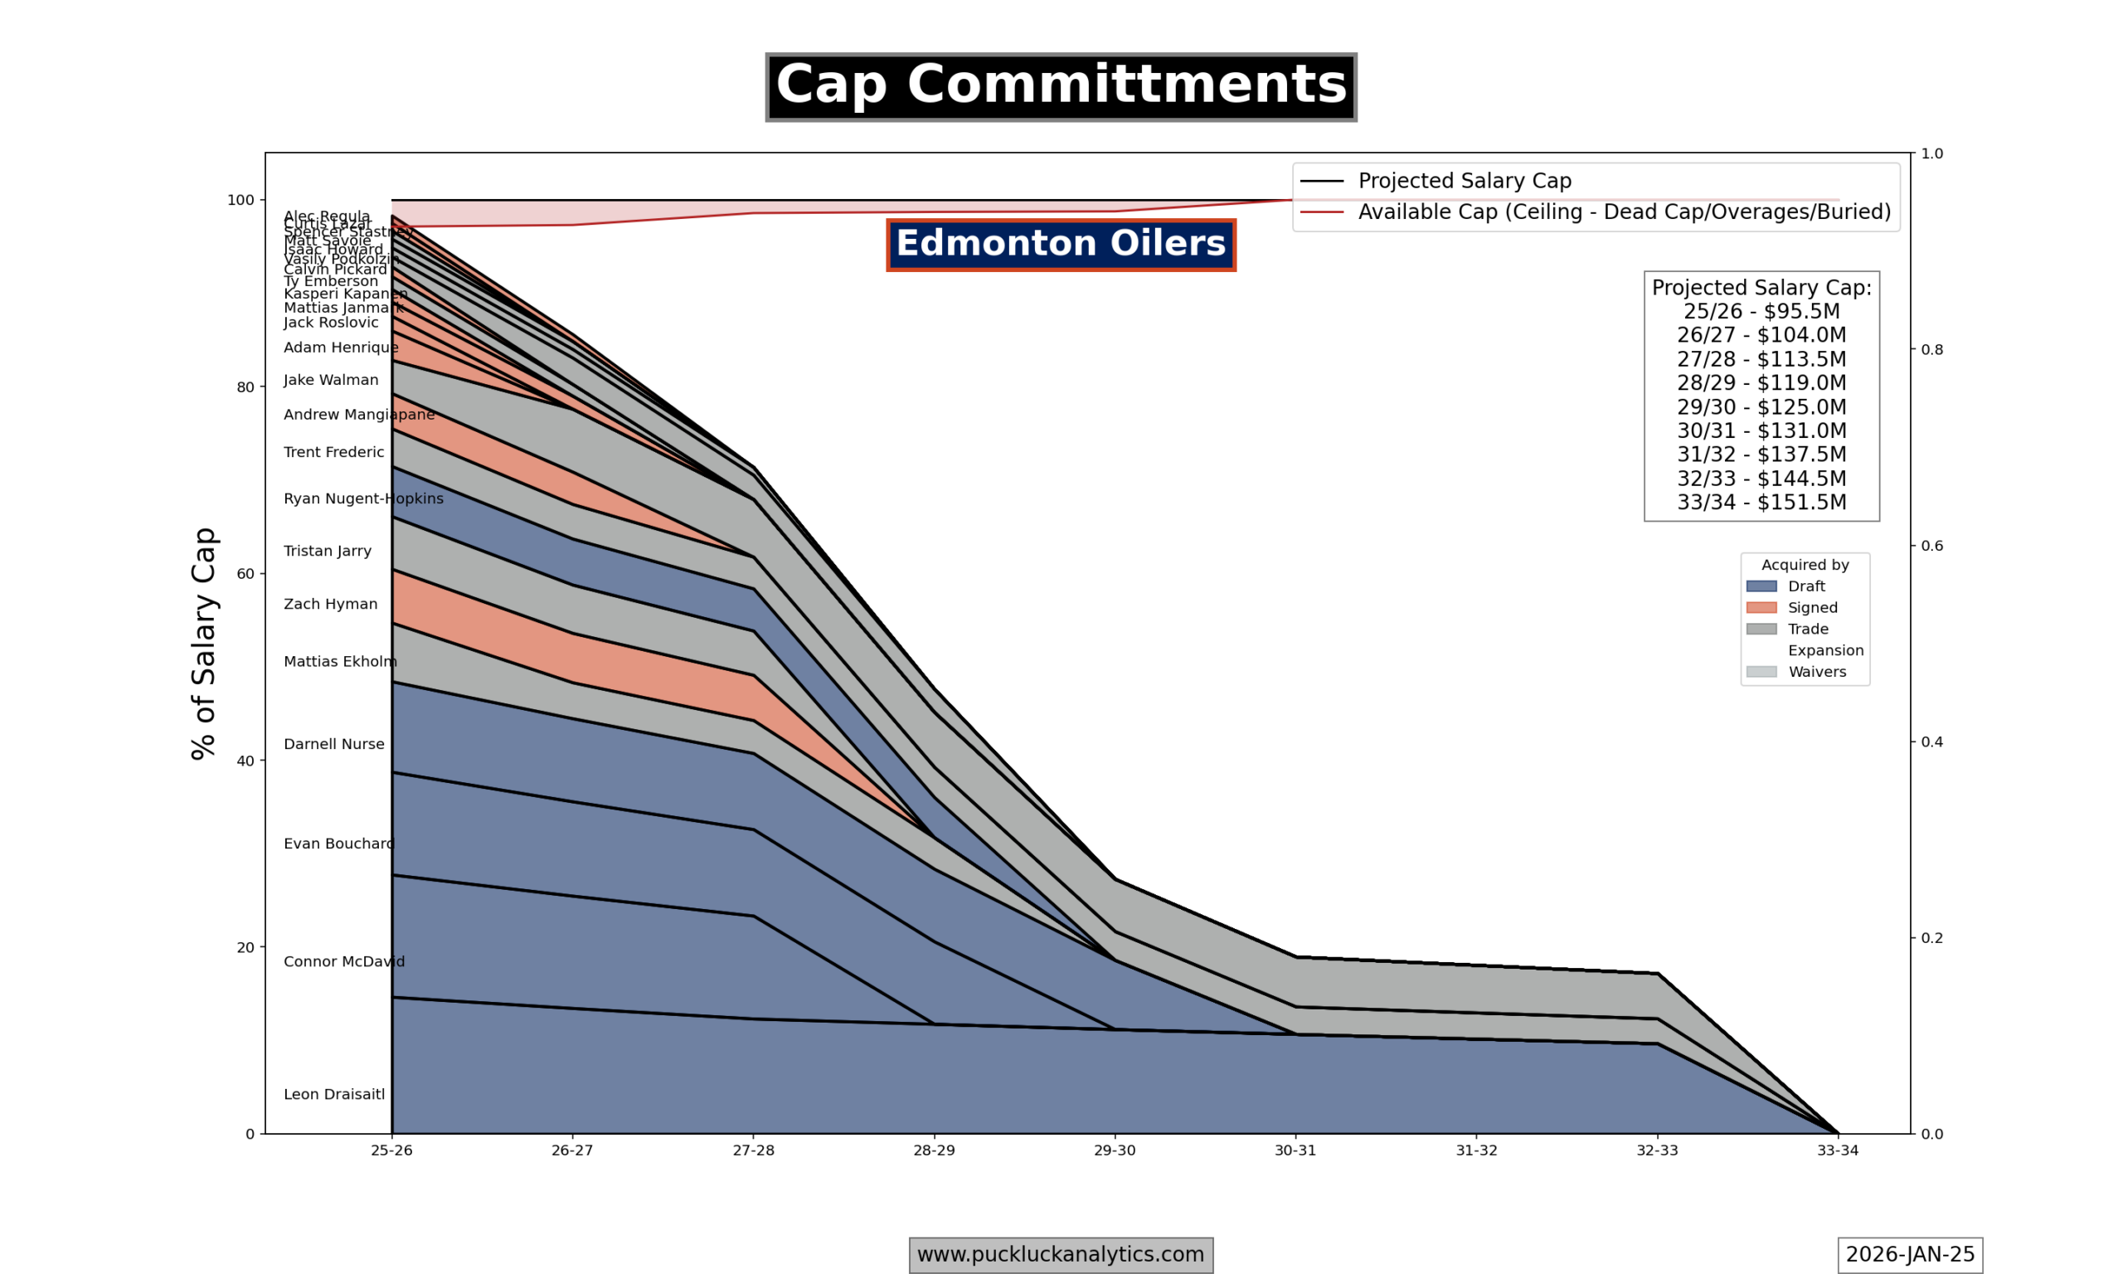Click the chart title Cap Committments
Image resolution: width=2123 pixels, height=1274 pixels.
1061,87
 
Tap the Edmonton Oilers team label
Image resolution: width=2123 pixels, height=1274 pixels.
1061,245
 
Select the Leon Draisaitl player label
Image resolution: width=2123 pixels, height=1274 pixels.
334,1095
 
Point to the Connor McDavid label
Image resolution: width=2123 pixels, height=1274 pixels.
343,961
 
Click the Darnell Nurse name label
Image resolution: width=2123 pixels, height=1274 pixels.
334,744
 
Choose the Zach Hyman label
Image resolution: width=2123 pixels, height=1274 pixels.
330,605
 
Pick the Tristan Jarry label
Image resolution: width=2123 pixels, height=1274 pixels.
327,551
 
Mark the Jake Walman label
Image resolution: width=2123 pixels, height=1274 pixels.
330,381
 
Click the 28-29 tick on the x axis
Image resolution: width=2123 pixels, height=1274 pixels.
934,1150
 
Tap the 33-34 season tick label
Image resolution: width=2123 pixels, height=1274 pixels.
1837,1150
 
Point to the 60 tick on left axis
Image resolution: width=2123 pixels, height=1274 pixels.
245,573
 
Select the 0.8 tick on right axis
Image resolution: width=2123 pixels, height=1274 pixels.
1931,349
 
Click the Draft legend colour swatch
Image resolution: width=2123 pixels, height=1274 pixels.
1761,586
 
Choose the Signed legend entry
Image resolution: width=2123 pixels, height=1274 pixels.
1812,608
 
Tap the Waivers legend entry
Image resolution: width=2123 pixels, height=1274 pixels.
1817,672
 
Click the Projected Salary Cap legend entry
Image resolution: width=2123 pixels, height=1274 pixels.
1464,181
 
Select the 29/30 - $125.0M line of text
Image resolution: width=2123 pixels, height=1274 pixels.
1761,407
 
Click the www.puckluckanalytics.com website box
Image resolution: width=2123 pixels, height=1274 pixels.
1061,1254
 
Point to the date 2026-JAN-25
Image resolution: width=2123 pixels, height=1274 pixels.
1910,1254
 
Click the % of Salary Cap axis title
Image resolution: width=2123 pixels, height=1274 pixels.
204,644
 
